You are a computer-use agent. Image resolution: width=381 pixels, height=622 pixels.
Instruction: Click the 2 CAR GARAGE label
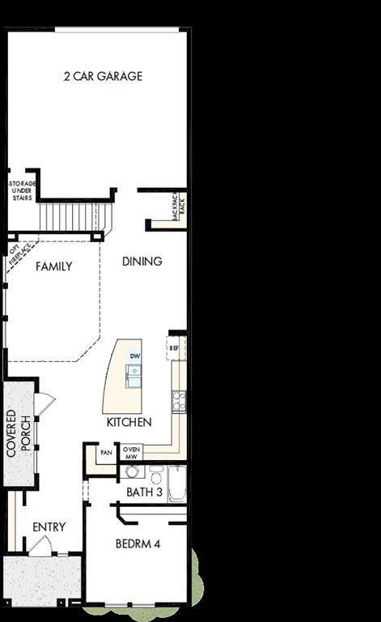pos(104,77)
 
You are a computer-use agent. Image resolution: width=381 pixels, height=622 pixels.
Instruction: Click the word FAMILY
pos(54,266)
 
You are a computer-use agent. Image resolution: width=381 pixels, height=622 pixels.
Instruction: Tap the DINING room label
pos(142,262)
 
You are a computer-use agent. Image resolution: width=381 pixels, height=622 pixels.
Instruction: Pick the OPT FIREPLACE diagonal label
pos(18,255)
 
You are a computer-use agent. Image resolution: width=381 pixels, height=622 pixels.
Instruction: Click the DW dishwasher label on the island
pos(135,356)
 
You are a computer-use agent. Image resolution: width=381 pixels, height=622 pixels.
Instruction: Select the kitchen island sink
pos(133,373)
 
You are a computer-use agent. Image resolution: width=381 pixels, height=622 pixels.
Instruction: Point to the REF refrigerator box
pos(175,347)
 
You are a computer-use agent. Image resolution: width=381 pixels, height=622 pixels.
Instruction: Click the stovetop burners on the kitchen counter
pos(179,399)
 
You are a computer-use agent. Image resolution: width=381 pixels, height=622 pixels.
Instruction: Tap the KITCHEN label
pos(129,423)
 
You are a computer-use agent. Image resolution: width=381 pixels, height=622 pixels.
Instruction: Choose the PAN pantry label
pos(106,454)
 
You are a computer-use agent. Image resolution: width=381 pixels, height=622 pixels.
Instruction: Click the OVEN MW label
pos(132,452)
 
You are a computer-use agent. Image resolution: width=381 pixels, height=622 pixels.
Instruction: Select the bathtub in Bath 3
pos(178,484)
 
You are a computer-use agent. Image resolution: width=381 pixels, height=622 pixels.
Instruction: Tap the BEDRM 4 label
pos(138,544)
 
